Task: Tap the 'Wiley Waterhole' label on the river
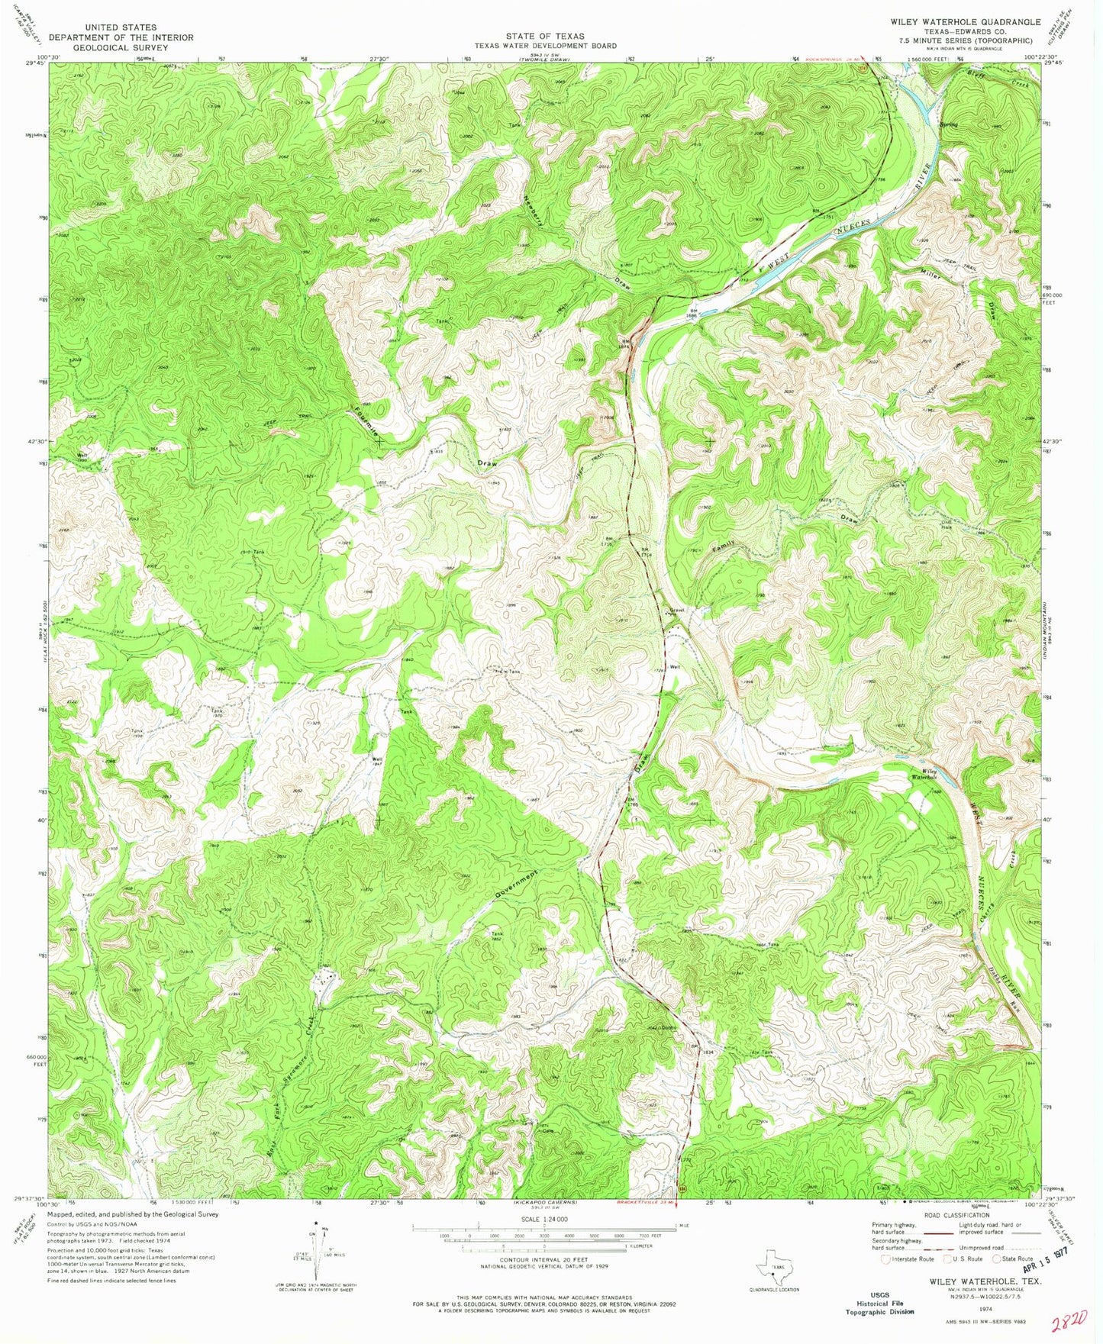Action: [937, 775]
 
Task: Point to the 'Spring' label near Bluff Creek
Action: [949, 125]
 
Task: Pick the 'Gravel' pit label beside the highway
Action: [677, 611]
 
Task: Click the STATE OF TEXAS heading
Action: [545, 36]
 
